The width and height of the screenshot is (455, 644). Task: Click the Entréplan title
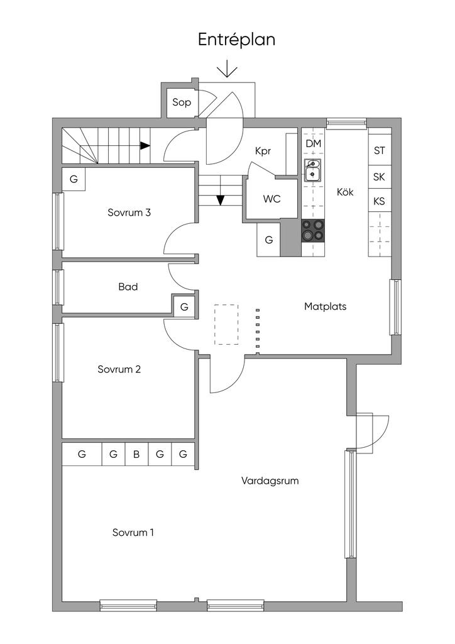click(236, 40)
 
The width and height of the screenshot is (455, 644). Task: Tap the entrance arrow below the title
click(227, 69)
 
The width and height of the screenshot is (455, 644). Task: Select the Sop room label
click(182, 103)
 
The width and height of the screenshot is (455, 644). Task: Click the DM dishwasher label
click(313, 144)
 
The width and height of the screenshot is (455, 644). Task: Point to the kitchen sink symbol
click(313, 170)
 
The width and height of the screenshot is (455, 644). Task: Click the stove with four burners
click(313, 230)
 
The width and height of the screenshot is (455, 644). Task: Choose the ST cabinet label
click(379, 150)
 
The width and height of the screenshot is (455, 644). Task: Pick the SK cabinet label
click(379, 177)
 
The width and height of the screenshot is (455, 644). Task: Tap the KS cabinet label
click(379, 201)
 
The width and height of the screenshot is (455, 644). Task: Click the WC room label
click(271, 199)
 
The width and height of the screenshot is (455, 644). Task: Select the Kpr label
click(263, 152)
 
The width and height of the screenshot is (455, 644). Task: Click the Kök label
click(345, 192)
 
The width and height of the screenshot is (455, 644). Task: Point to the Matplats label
click(325, 307)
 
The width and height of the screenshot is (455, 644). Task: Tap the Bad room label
click(128, 287)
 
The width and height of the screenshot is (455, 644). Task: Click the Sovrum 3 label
click(129, 213)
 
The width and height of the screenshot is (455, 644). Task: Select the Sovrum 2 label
click(119, 369)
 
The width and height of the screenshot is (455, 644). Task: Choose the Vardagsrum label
click(270, 481)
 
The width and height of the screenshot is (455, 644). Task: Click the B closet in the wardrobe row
click(136, 454)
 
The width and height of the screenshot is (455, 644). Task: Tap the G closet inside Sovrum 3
click(74, 179)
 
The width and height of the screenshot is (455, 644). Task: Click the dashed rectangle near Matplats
click(226, 325)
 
